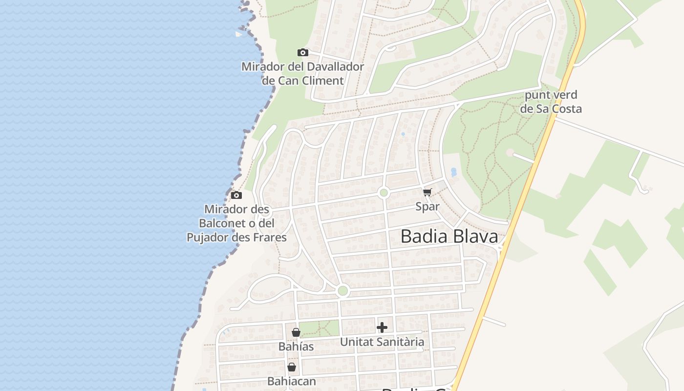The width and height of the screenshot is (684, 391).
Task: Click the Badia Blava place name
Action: coord(449,237)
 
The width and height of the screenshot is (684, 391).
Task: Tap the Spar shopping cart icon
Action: coord(427,193)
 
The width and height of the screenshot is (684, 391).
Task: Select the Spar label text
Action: coord(427,206)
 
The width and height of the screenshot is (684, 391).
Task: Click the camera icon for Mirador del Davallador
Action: coord(303,52)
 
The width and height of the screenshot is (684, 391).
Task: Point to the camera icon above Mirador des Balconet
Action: coord(236,195)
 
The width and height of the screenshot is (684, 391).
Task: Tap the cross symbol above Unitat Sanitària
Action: coord(382,327)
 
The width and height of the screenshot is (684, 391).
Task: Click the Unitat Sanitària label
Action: coord(382,342)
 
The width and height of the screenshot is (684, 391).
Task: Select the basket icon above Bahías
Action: coord(296,332)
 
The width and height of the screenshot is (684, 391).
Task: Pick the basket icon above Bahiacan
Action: coord(292,367)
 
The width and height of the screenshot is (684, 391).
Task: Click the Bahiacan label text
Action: coord(292,381)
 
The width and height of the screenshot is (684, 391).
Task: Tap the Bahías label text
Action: coord(296,347)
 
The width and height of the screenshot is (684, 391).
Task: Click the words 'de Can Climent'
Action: coord(303,81)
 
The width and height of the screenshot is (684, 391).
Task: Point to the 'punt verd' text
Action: coord(551,95)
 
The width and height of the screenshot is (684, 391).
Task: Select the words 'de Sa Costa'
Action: coord(551,109)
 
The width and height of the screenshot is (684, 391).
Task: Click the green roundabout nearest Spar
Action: coord(384,193)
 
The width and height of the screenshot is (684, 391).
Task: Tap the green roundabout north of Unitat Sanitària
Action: coord(343,291)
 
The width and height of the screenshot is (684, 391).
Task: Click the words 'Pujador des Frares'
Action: coord(236,238)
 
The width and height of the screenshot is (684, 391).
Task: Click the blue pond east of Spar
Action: coord(454,172)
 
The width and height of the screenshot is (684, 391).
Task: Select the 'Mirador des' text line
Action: coord(236,209)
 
